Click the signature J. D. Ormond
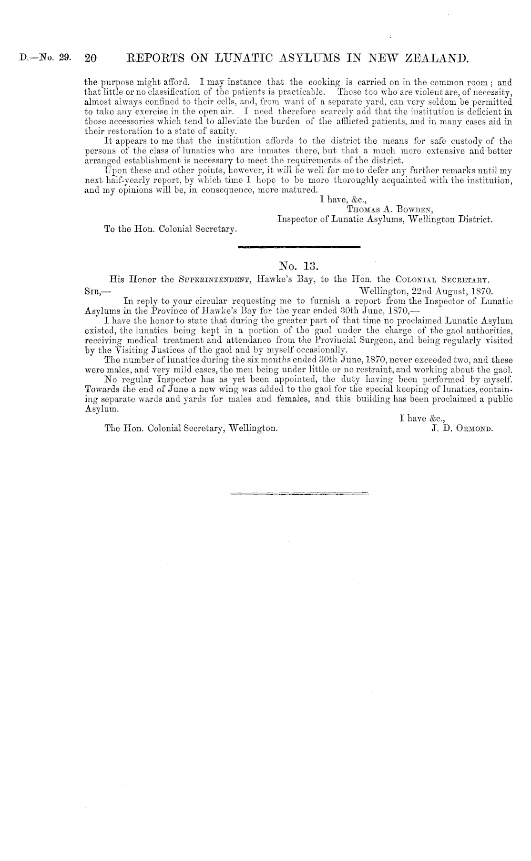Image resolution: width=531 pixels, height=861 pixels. pyautogui.click(x=461, y=428)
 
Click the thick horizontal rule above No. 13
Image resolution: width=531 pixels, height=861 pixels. pyautogui.click(x=298, y=247)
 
